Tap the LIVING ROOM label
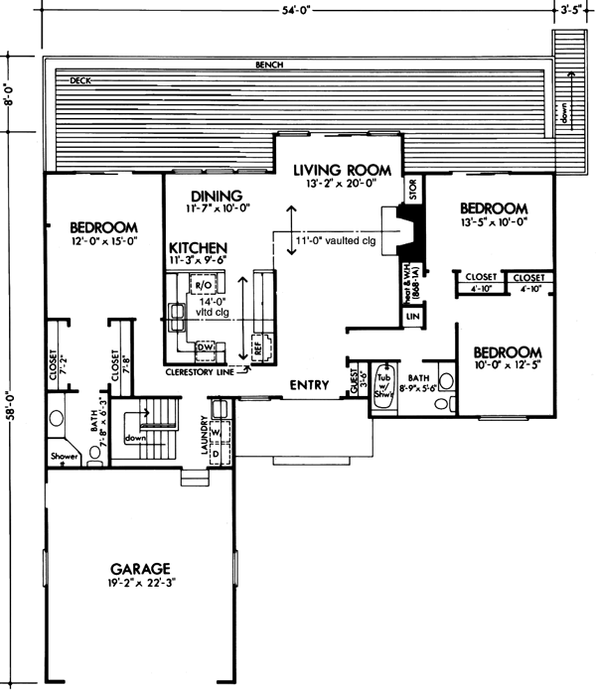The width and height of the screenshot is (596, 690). tap(348, 171)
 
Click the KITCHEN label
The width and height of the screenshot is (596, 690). tap(199, 247)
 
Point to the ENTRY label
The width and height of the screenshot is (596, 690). tap(310, 384)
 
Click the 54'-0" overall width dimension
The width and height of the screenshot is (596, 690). tap(297, 11)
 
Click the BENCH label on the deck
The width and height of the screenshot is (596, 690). tap(269, 65)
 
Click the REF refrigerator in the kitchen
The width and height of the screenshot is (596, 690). tap(258, 348)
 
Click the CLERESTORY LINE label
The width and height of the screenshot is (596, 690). tap(206, 373)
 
